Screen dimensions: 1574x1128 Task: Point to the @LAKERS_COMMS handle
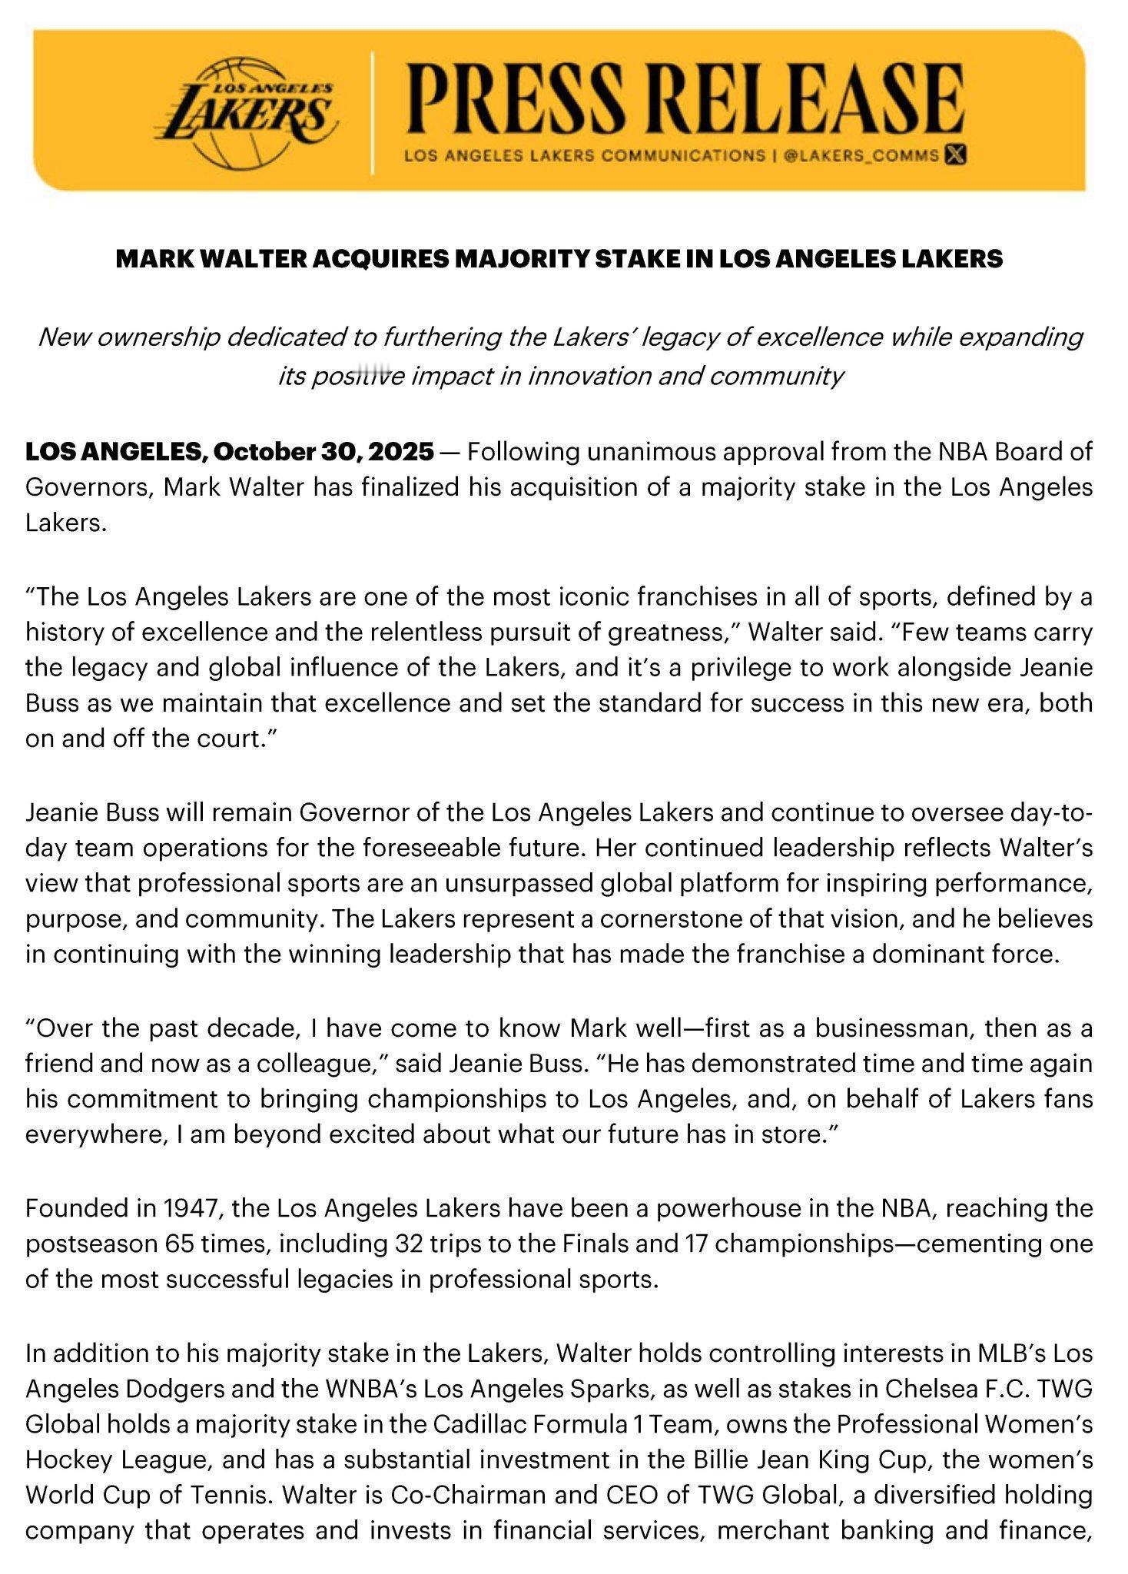click(x=861, y=155)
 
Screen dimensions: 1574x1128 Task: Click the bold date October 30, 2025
click(x=323, y=451)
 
